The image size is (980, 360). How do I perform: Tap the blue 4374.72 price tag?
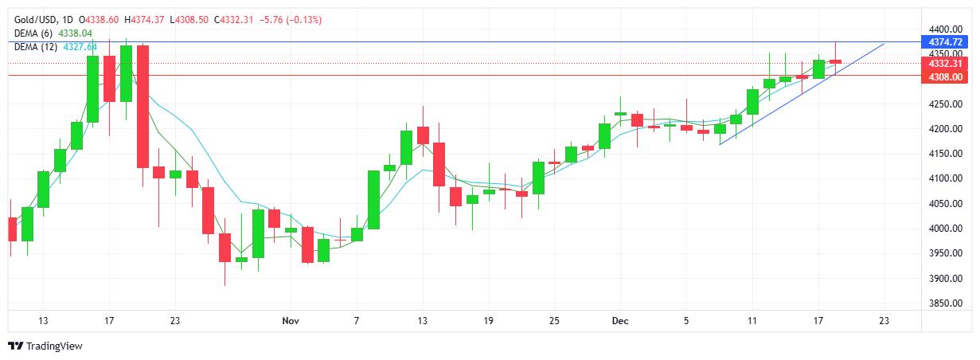(x=945, y=41)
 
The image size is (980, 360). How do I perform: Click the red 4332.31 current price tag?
(x=945, y=63)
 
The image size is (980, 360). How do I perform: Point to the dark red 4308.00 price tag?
(x=945, y=76)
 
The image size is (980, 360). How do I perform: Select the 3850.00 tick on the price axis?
(x=945, y=303)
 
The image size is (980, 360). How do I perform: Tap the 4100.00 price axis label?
(x=945, y=178)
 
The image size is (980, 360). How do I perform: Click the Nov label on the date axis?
(x=291, y=321)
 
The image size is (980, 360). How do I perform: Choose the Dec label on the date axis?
(x=620, y=321)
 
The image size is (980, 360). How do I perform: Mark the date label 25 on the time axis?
(x=554, y=321)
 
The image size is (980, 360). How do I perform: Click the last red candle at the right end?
(x=835, y=61)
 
